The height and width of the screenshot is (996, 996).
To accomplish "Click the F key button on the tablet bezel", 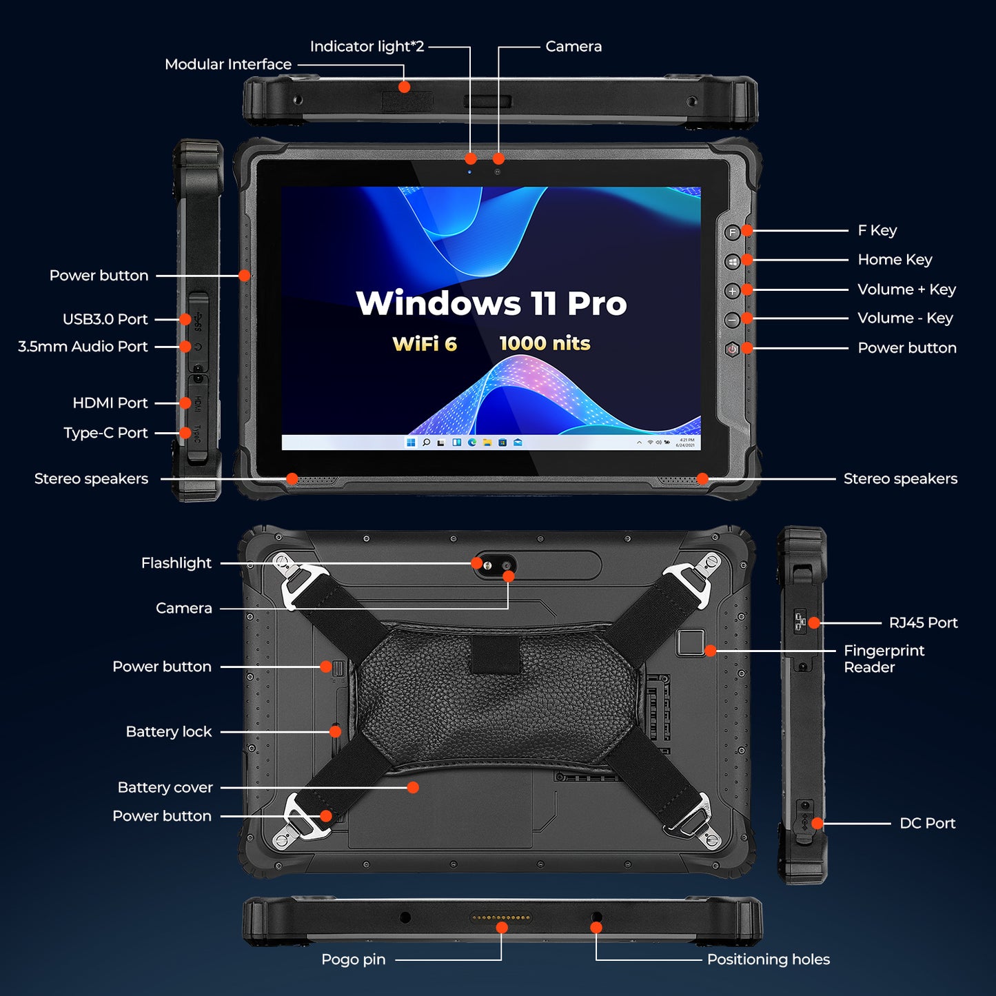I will point(732,232).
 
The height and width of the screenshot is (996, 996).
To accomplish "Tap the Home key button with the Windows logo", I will point(732,261).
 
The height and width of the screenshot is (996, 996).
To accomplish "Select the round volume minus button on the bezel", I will point(732,320).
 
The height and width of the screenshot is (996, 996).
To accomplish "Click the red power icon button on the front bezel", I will point(732,349).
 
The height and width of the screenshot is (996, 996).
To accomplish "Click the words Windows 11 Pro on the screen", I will point(491,303).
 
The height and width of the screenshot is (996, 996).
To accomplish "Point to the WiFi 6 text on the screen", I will point(424,344).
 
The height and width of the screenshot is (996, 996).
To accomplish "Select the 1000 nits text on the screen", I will point(545,343).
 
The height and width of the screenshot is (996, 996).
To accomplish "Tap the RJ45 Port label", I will point(923,623).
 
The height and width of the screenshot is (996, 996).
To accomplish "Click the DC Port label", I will point(927,824).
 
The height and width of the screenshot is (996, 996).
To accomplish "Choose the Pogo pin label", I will point(353,959).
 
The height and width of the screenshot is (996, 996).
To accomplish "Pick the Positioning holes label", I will point(768,959).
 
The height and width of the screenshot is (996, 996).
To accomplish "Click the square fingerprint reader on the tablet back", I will point(690,642).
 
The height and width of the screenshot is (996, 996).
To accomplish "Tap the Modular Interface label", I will point(228,65).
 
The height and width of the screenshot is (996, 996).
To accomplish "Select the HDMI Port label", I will point(110,403).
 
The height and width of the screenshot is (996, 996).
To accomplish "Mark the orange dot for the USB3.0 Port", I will point(185,319).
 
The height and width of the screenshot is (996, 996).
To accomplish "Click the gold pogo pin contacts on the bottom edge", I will point(500,918).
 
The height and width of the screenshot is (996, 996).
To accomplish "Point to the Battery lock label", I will point(168,732).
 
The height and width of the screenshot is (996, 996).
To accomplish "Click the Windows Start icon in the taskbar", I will point(411,443).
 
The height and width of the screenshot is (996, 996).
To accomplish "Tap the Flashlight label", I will point(176,563).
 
